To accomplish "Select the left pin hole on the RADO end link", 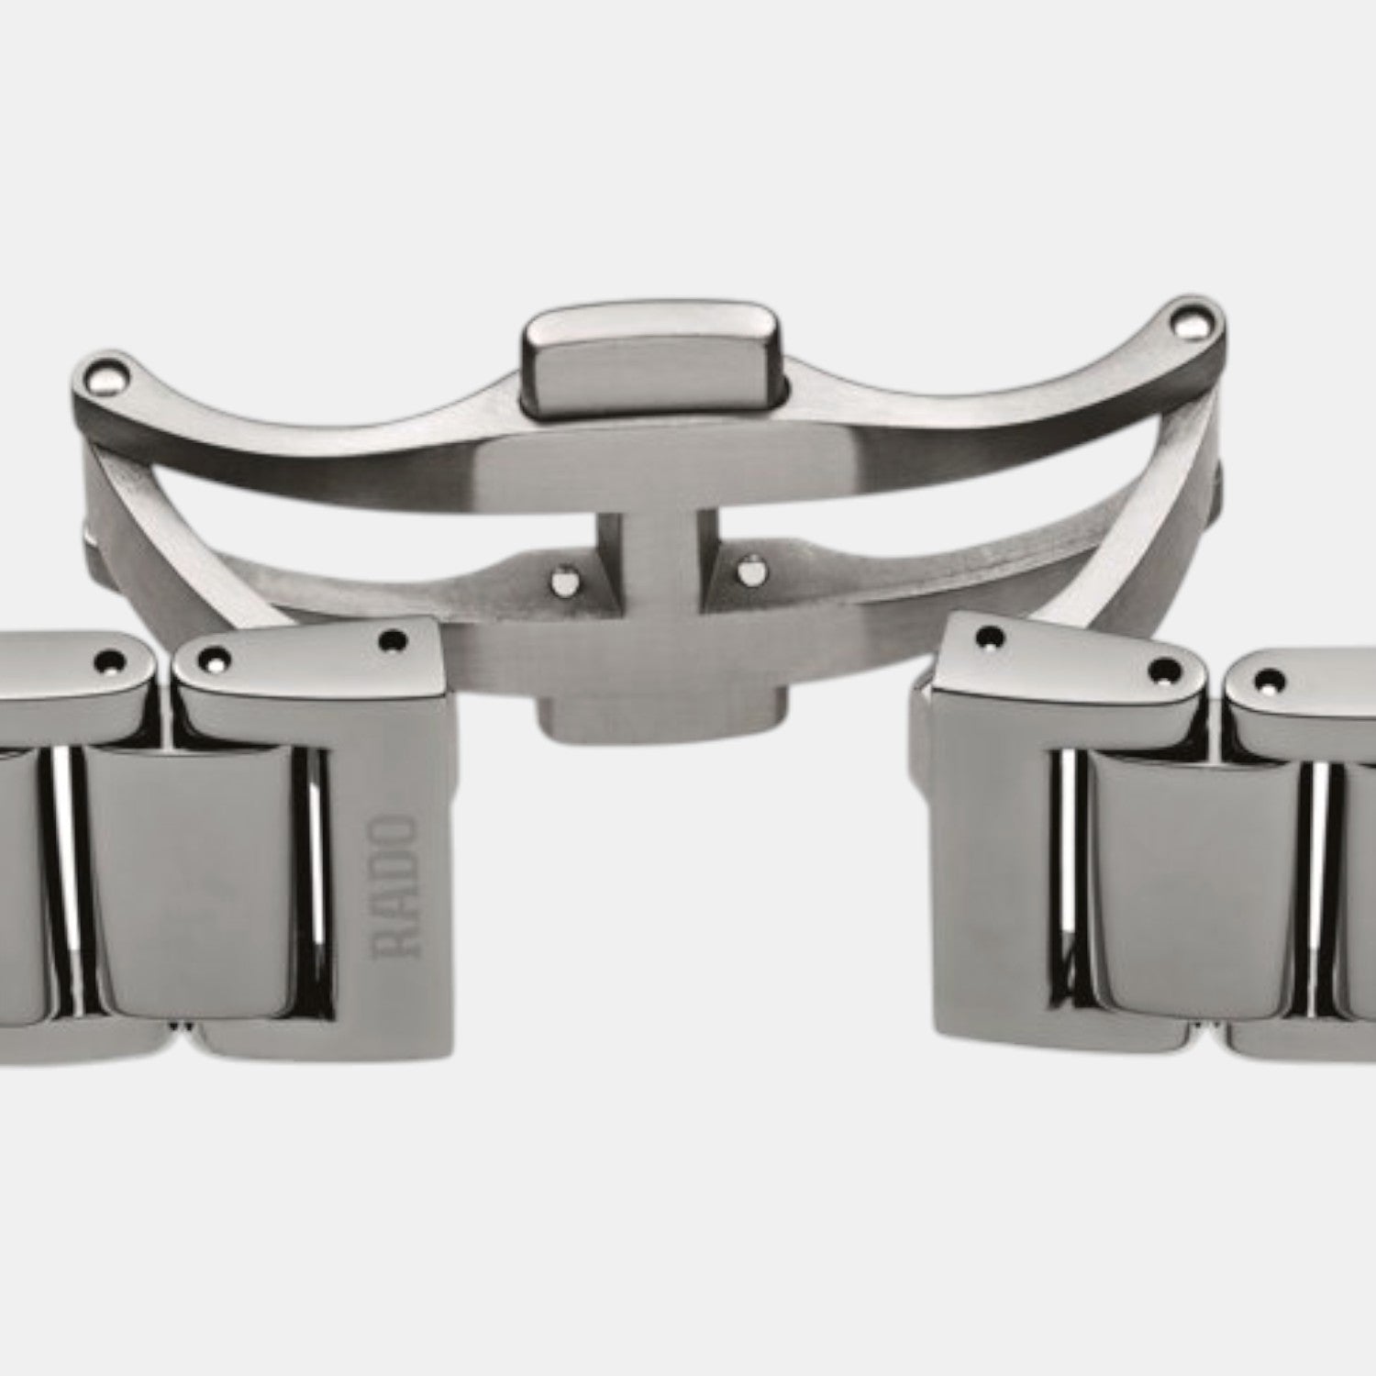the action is [216, 656].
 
